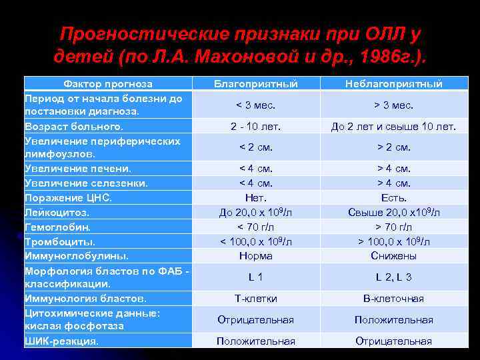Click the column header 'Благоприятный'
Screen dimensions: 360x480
[255, 84]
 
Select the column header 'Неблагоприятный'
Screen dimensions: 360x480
[393, 84]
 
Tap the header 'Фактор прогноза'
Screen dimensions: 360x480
[108, 84]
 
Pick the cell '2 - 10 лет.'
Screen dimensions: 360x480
[255, 126]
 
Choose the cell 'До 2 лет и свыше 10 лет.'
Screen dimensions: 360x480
[393, 126]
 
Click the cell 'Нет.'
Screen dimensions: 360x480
[255, 198]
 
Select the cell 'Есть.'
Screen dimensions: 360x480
[393, 198]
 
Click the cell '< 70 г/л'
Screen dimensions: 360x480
[255, 227]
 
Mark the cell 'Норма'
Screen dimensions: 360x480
[255, 255]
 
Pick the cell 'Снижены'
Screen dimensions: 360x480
[393, 255]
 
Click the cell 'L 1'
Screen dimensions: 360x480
[255, 277]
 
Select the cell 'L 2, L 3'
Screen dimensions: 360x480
[393, 277]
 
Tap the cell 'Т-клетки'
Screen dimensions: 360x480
[255, 298]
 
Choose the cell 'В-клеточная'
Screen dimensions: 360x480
[393, 298]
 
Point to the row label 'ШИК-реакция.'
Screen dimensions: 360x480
[61, 341]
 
